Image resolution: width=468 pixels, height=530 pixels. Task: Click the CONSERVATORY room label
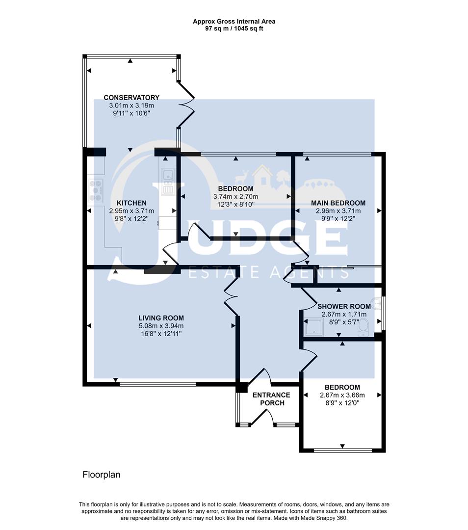click(x=131, y=97)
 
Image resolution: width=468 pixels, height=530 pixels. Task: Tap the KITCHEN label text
click(x=131, y=203)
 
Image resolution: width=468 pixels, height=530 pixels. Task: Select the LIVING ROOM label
click(x=161, y=318)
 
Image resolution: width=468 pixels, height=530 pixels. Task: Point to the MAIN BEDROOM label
click(x=338, y=203)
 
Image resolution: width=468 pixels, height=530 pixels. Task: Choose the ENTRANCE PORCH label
click(x=271, y=399)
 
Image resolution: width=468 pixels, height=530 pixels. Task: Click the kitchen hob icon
click(x=96, y=190)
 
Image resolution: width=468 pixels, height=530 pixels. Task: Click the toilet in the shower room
click(x=364, y=326)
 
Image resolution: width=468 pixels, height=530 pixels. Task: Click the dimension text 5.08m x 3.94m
click(x=161, y=326)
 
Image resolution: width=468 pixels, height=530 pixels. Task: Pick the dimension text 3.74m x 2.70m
click(x=235, y=197)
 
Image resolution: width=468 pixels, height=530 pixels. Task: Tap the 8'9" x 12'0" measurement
click(x=339, y=403)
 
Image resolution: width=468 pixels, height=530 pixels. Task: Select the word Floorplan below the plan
click(x=101, y=475)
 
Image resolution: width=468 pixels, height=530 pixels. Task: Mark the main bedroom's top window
click(x=338, y=154)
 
